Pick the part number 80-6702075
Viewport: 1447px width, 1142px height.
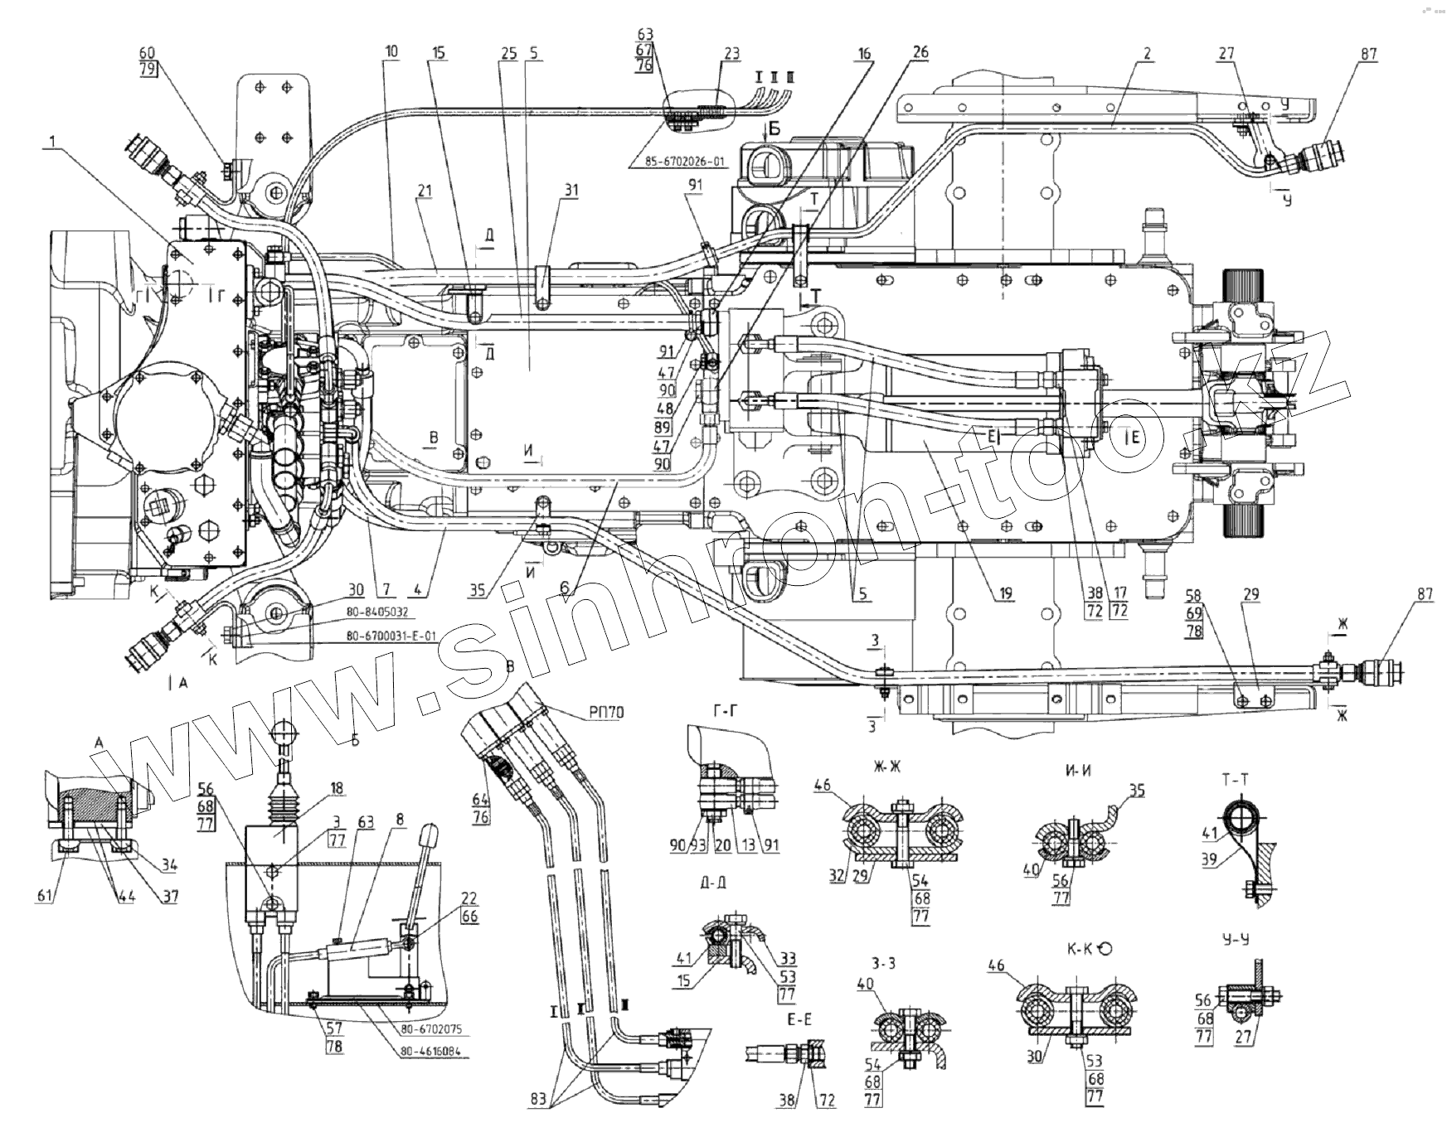tap(431, 1030)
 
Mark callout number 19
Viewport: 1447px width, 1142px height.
tap(1005, 594)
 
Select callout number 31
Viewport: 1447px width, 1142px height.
tap(569, 190)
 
